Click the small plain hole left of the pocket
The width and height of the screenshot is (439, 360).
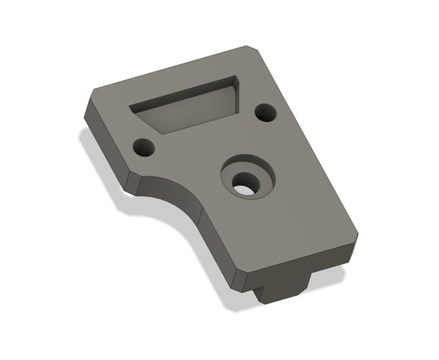point(144,147)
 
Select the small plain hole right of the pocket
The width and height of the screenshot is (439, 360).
point(266,113)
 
